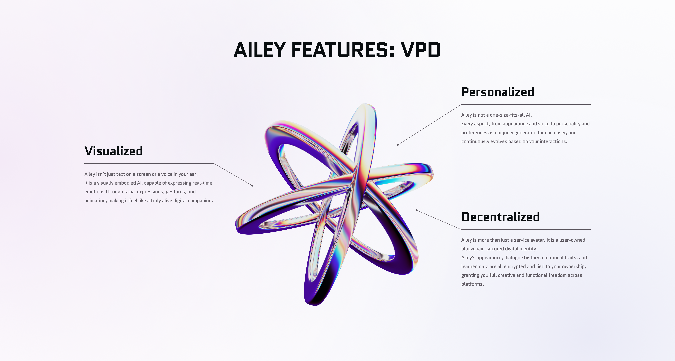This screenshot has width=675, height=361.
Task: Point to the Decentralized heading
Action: point(501,217)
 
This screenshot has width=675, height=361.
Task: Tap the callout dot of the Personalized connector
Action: point(397,145)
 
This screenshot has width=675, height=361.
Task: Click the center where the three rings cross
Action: point(352,181)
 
